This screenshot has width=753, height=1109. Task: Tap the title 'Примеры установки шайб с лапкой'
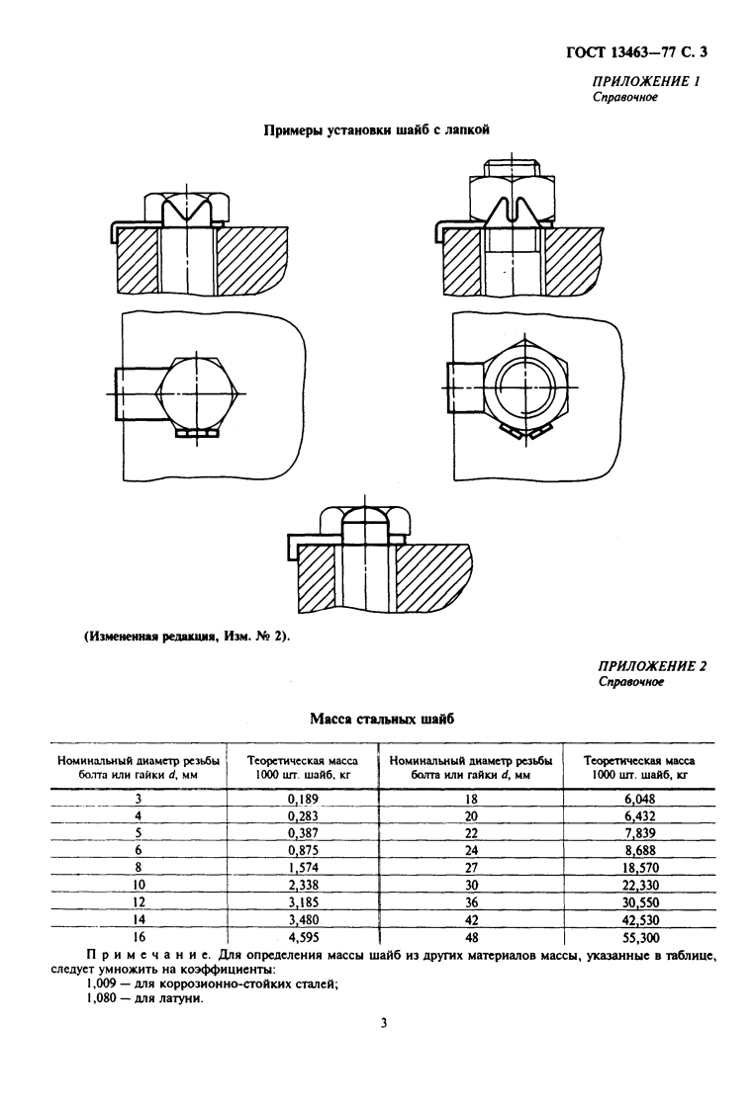[377, 128]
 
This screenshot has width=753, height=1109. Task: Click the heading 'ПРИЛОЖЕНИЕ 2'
[653, 666]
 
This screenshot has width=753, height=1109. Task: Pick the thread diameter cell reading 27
[471, 866]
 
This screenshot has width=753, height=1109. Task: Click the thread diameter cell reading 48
[471, 934]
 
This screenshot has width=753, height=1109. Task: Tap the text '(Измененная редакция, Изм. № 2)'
[185, 637]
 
